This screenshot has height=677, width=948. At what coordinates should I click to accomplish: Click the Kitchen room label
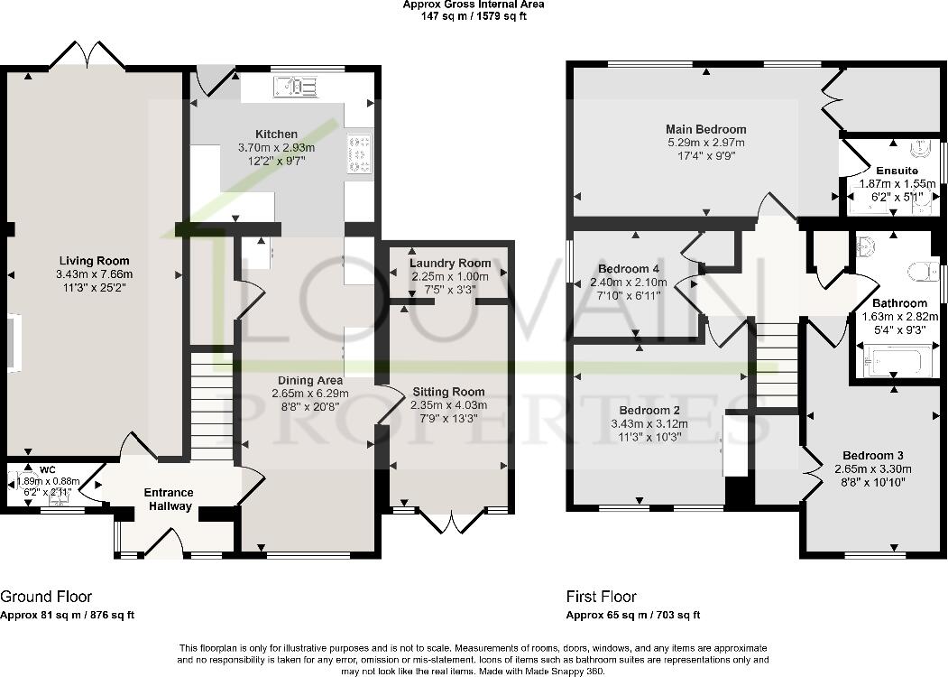[275, 134]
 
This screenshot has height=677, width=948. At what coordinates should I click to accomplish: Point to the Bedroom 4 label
[630, 269]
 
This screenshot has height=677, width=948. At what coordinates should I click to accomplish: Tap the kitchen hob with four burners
[358, 153]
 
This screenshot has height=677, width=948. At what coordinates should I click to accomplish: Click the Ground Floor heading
[46, 597]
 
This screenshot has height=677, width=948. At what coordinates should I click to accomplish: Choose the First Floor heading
[601, 597]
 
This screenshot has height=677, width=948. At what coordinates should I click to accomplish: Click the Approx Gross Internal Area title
[474, 5]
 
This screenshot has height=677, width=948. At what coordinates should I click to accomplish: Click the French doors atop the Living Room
[87, 59]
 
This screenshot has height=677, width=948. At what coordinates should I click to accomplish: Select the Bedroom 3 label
[873, 455]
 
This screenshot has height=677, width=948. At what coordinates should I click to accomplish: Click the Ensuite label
[897, 171]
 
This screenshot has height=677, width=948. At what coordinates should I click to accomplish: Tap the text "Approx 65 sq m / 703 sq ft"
[632, 616]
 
